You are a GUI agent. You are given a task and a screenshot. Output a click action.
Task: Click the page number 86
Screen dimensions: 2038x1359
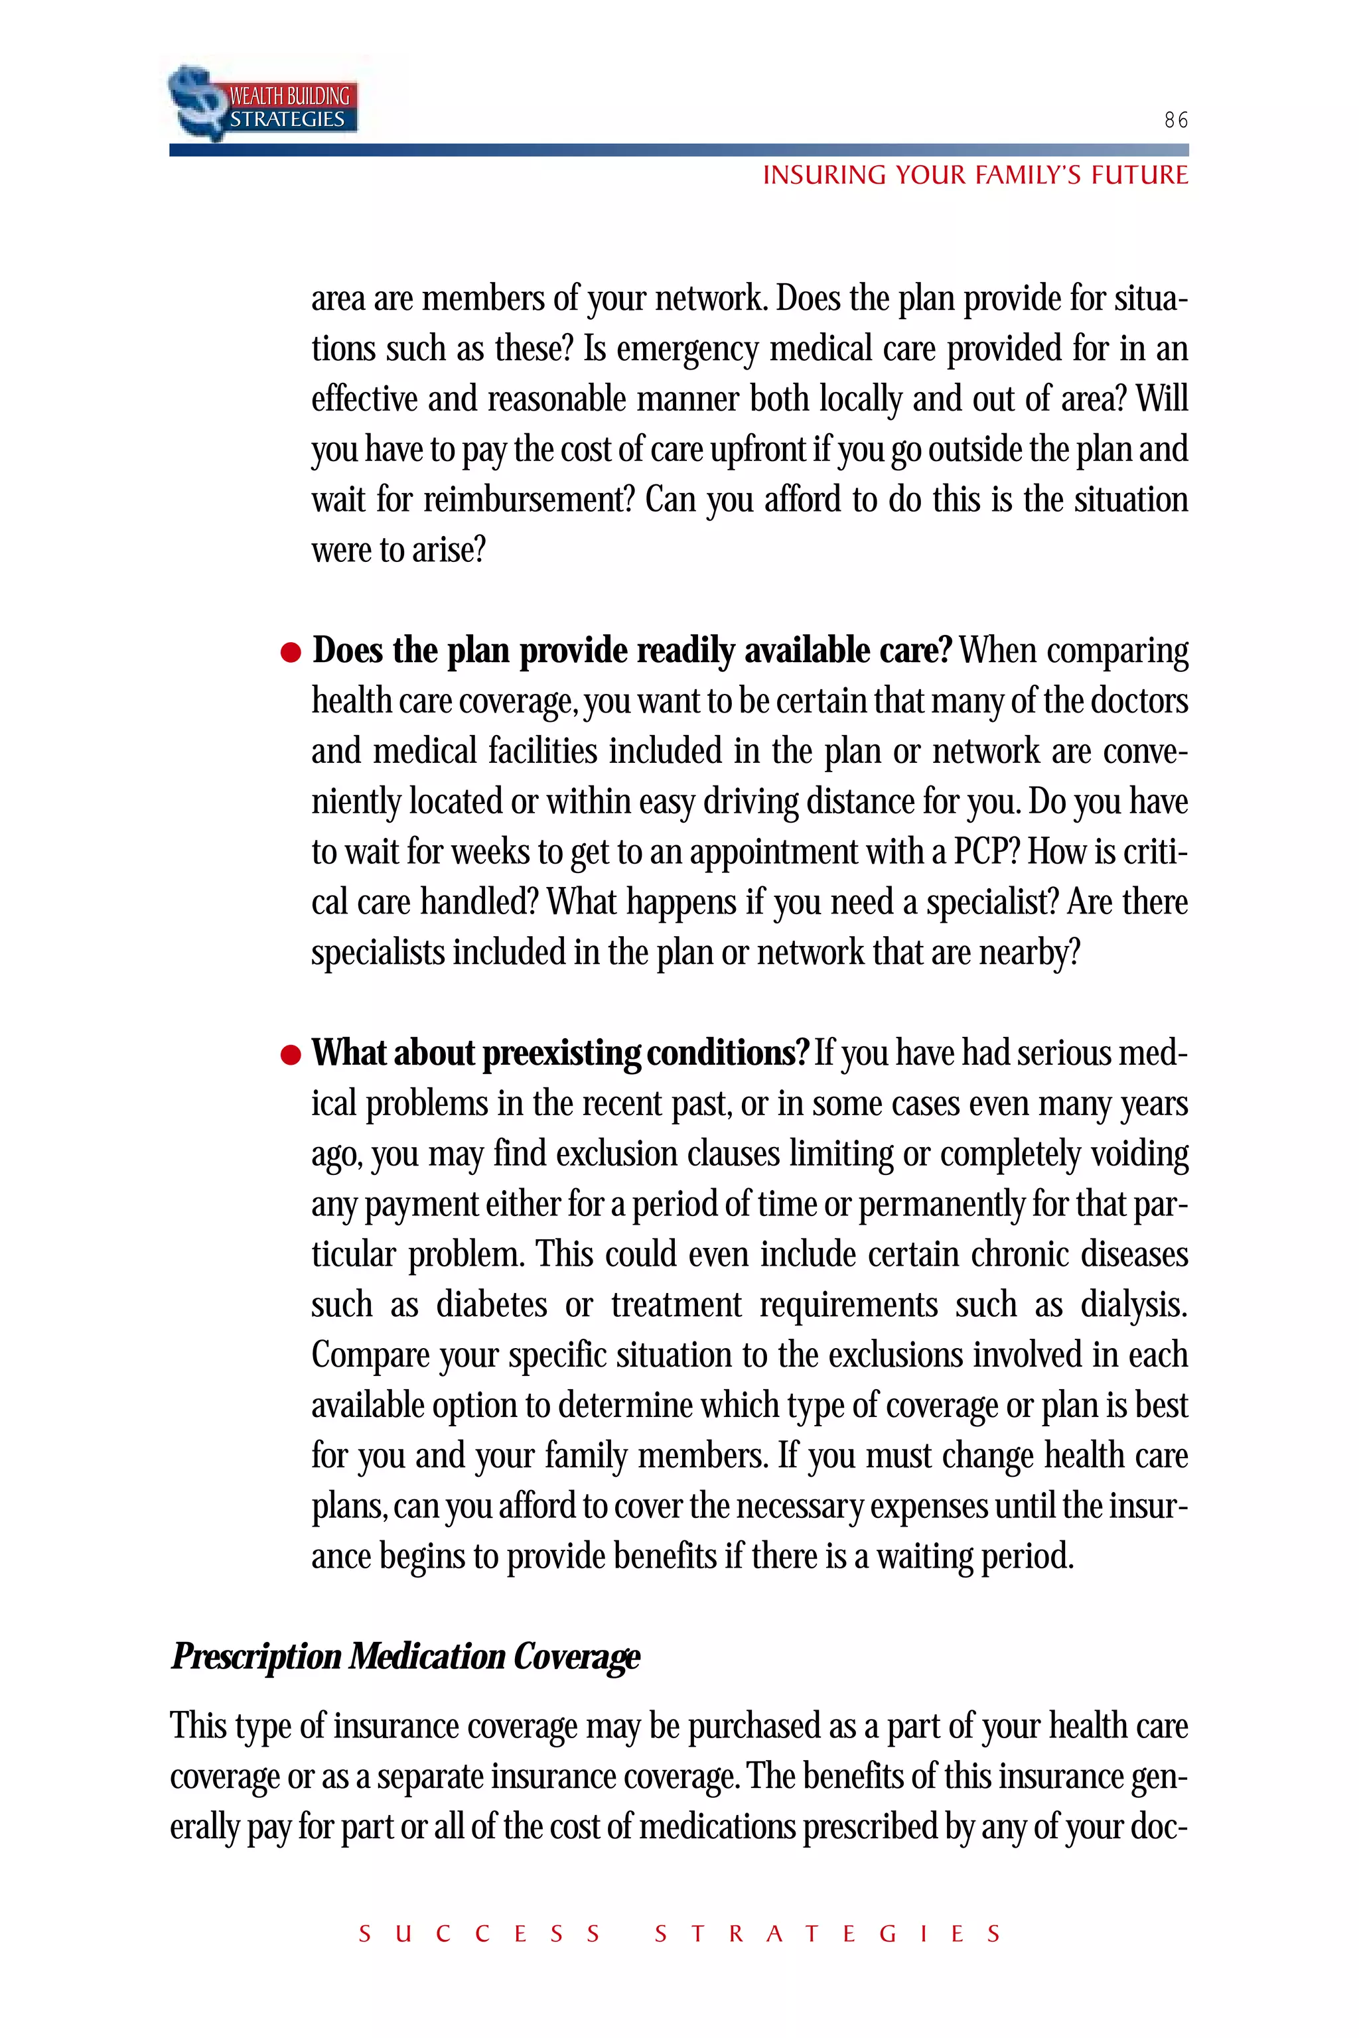pyautogui.click(x=1175, y=121)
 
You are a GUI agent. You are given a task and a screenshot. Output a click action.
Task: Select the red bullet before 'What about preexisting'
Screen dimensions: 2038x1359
pyautogui.click(x=291, y=1055)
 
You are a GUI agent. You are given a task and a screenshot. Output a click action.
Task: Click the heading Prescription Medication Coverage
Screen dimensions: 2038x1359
pyautogui.click(x=405, y=1656)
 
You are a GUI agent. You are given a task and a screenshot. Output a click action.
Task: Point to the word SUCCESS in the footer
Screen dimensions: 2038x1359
pyautogui.click(x=479, y=1934)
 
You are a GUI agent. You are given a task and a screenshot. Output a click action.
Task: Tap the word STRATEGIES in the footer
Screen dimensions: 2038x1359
pyautogui.click(x=827, y=1934)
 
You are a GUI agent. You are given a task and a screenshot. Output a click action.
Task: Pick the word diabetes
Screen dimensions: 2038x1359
pyautogui.click(x=492, y=1304)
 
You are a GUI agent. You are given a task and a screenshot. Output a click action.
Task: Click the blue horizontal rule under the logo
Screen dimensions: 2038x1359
pyautogui.click(x=679, y=150)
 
